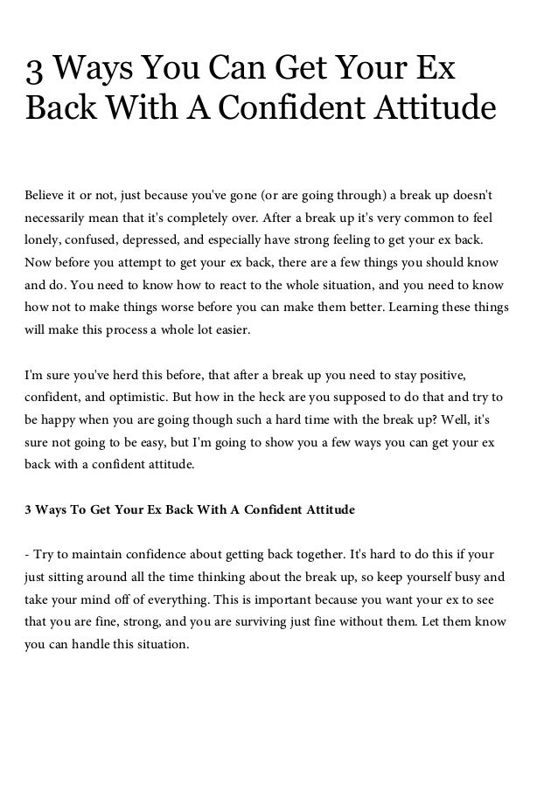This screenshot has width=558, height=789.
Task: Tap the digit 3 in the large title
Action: pyautogui.click(x=37, y=70)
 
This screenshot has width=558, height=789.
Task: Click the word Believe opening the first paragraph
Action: pyautogui.click(x=45, y=192)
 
